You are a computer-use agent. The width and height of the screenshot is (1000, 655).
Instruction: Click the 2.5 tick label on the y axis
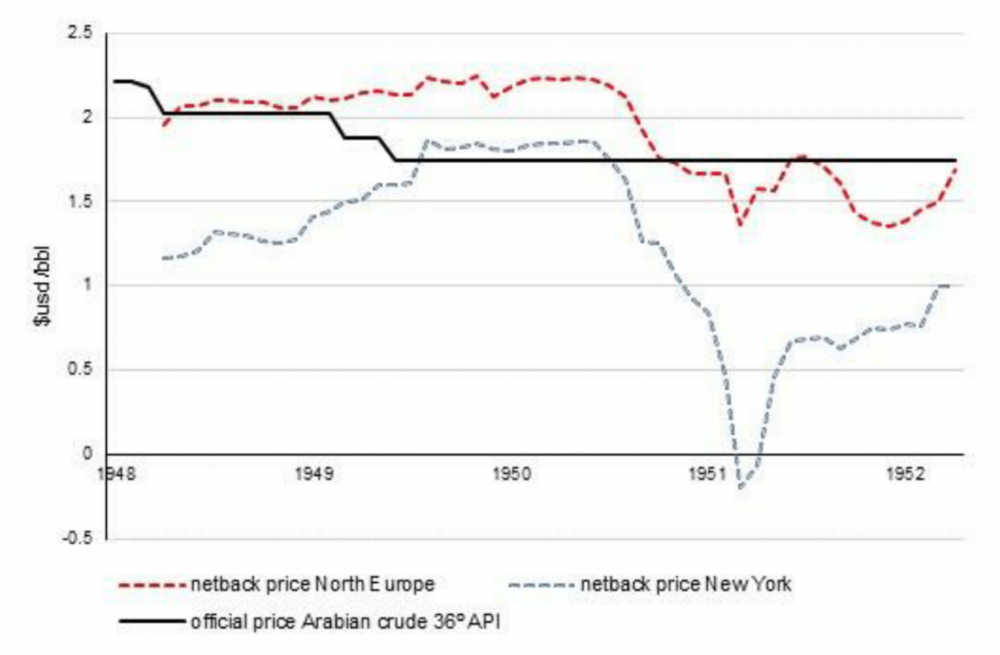point(80,34)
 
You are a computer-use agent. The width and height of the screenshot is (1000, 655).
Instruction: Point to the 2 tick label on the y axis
point(85,118)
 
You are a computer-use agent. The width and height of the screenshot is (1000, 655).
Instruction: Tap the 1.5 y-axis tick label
point(80,202)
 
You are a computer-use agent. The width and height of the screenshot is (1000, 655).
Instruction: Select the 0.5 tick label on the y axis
point(80,370)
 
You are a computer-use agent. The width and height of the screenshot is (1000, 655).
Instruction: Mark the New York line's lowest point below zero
point(740,487)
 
